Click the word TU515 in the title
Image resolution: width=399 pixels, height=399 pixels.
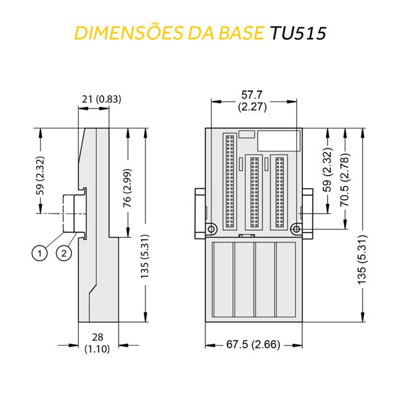[297, 33]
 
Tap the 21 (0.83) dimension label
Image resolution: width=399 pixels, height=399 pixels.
[102, 98]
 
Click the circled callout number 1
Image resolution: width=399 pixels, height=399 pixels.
[40, 252]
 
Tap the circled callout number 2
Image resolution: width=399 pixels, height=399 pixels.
[64, 252]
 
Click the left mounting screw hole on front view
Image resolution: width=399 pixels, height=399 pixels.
[213, 228]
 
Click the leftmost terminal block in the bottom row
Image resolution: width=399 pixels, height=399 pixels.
[222, 281]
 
